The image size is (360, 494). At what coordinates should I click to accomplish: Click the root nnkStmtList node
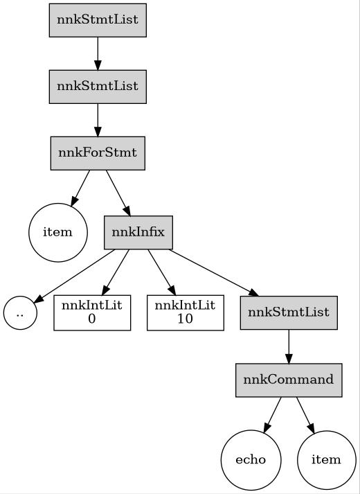(x=98, y=20)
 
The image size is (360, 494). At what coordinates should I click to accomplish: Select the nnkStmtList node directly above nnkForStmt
(x=98, y=87)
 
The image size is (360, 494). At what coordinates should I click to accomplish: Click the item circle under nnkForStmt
(x=58, y=232)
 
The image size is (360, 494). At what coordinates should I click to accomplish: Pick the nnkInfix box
(x=138, y=232)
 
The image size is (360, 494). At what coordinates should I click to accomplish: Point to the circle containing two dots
(x=20, y=313)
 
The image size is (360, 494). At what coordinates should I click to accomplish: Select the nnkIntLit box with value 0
(x=92, y=313)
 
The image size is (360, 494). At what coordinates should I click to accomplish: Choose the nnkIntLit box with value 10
(x=185, y=313)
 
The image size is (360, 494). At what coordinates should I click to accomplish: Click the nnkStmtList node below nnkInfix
(x=289, y=312)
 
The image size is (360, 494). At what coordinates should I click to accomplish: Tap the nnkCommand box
(x=289, y=380)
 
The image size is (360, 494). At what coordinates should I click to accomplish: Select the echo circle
(x=250, y=460)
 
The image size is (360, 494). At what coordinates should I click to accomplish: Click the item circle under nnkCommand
(x=326, y=460)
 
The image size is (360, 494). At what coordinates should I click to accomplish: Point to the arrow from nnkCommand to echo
(x=271, y=414)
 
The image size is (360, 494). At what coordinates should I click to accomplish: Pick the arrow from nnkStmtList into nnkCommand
(x=289, y=346)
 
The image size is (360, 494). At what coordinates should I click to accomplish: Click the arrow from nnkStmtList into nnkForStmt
(x=98, y=120)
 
